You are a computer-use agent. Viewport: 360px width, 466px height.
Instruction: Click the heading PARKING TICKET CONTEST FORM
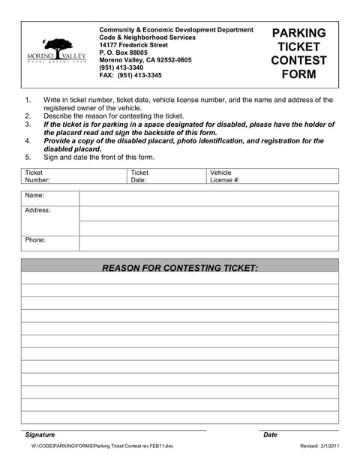[x=298, y=53]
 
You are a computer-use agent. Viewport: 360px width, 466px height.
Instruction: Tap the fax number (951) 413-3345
[x=130, y=76]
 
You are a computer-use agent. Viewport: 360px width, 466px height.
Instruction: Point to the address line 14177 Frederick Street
[x=133, y=45]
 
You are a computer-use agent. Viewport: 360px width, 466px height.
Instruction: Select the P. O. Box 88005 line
[x=124, y=53]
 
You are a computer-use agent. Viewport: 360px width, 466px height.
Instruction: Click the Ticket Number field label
[x=37, y=176]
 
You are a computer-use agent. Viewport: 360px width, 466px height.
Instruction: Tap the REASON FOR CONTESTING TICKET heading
[x=179, y=267]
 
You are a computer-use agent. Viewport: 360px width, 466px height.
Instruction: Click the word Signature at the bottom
[x=40, y=434]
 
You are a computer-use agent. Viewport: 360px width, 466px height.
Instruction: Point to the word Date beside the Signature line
[x=270, y=434]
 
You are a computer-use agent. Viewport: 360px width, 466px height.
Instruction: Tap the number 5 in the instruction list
[x=28, y=158]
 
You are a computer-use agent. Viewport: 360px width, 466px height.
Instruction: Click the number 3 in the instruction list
[x=28, y=124]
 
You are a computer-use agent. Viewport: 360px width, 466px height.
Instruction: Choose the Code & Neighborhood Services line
[x=147, y=37]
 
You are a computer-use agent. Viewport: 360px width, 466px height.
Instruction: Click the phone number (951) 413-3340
[x=121, y=68]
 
